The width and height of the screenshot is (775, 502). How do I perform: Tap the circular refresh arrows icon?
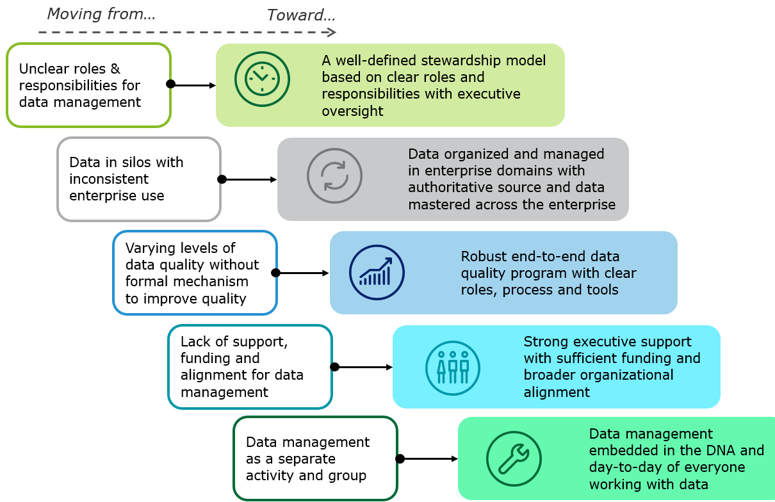pos(334,175)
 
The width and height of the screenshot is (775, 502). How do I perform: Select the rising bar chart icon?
pos(377,273)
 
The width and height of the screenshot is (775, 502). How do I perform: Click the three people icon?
pos(453,367)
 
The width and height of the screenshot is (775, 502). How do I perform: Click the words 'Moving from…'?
pos(101,13)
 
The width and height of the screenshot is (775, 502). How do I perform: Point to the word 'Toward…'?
pos(301,15)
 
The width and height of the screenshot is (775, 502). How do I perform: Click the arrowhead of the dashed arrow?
pos(331,31)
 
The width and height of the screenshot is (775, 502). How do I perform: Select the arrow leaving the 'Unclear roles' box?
pos(194,84)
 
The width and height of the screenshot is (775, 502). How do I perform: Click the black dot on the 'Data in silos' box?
pos(222,180)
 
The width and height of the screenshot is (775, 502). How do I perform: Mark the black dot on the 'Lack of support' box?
pos(334,368)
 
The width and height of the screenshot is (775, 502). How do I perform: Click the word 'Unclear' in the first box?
pos(43,69)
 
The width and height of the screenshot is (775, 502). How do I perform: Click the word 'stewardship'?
pos(459,60)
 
